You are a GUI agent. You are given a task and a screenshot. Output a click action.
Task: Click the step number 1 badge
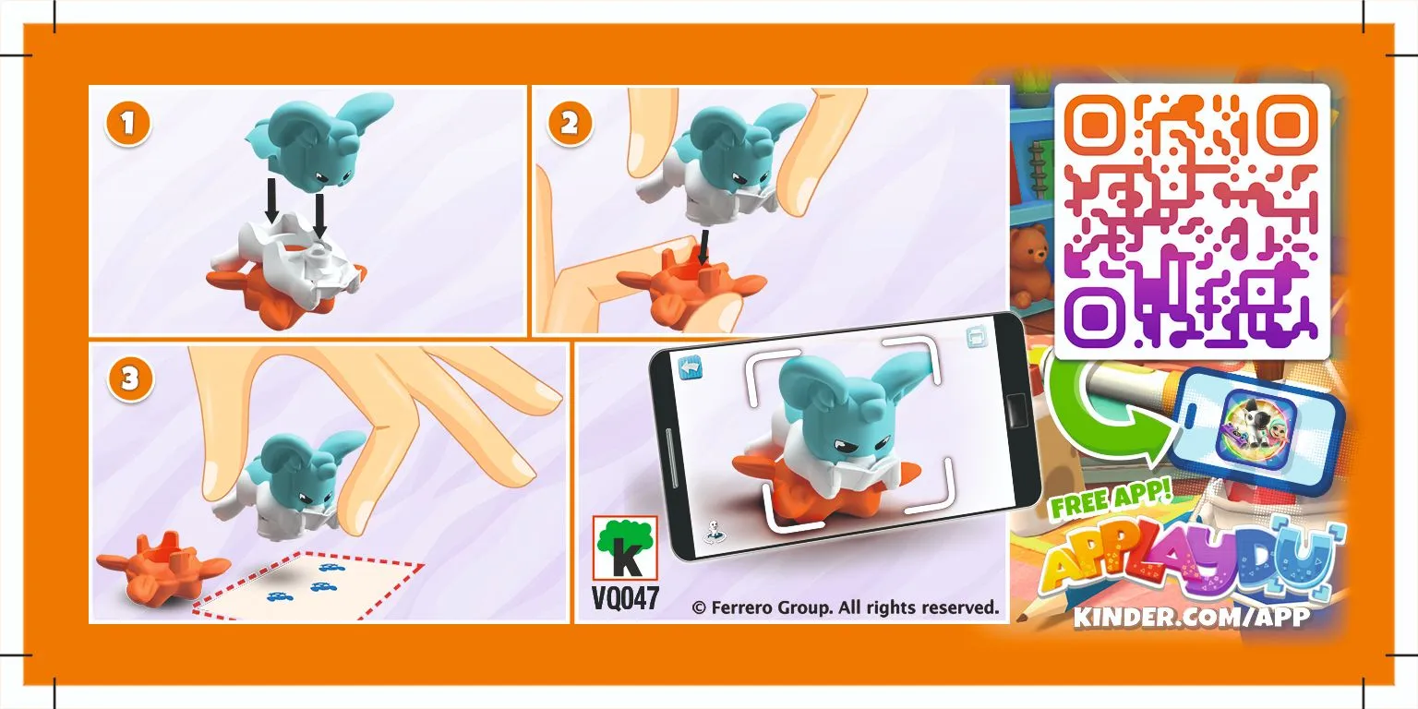click(x=128, y=124)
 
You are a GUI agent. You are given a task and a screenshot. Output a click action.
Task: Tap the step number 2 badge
click(x=570, y=124)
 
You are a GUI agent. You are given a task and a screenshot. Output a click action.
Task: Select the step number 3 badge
click(x=130, y=379)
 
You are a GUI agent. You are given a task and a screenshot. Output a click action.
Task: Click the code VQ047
click(x=625, y=598)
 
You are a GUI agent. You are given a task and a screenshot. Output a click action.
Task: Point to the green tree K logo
click(x=625, y=547)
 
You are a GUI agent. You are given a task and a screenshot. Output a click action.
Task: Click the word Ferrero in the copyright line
click(x=739, y=607)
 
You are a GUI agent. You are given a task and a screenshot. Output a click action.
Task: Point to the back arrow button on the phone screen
click(x=691, y=367)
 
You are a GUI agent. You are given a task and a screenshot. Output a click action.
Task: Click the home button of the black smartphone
click(x=1016, y=410)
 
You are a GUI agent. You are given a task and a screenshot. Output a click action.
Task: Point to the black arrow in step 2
click(x=702, y=247)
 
